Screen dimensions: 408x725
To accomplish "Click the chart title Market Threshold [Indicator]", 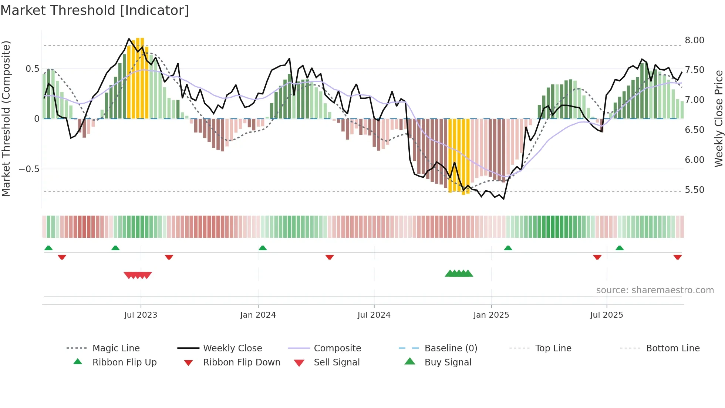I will (95, 10).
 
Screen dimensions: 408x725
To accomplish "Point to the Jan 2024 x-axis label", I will (258, 315).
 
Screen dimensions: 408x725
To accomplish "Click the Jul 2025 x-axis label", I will (606, 315).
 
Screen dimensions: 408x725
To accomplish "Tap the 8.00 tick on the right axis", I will (694, 40).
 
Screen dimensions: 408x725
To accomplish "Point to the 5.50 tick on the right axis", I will (694, 190).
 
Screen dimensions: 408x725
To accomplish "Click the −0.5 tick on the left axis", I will (29, 169).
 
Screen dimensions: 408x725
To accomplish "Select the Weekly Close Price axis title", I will (718, 118).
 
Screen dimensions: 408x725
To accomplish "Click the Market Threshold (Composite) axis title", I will (6, 118).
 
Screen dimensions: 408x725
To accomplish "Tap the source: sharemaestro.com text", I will (655, 290).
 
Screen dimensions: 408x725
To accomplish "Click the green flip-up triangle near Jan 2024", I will (263, 248).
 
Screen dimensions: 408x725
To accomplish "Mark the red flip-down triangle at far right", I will (677, 257).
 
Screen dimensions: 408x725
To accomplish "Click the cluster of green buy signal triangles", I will (459, 274).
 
